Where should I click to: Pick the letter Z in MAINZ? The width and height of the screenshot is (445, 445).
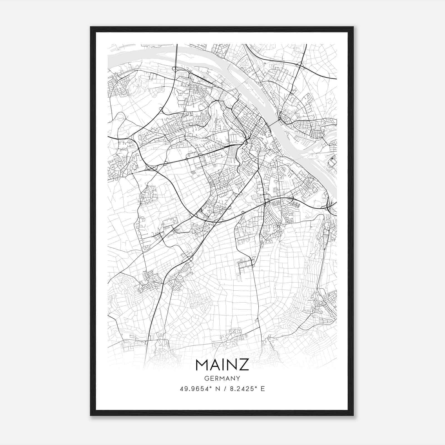pos(244,365)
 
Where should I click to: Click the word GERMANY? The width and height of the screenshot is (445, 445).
pos(222,378)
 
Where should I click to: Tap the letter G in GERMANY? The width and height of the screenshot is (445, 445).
pos(206,378)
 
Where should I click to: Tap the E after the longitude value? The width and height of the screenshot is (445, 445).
pos(263,389)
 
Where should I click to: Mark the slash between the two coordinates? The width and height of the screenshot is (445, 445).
pos(224,389)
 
